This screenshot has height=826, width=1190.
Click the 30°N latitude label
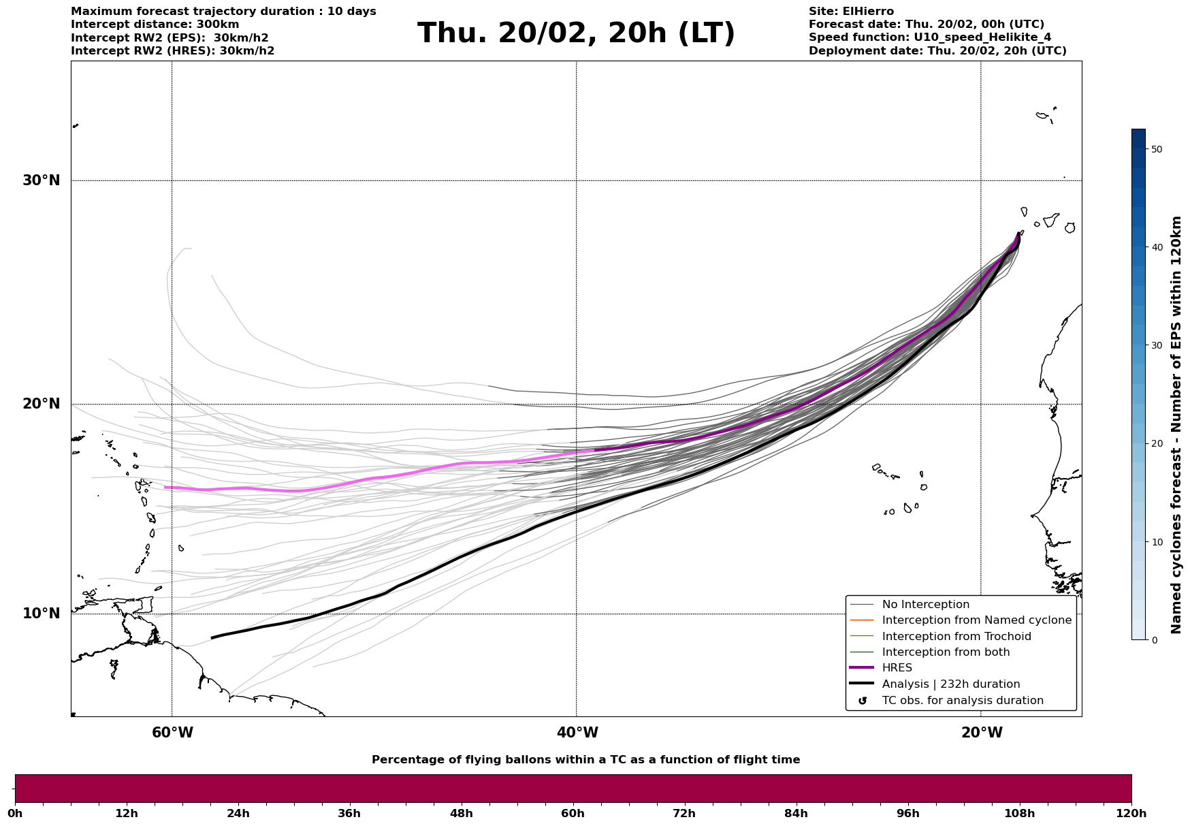[42, 180]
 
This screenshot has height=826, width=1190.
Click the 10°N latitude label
[42, 614]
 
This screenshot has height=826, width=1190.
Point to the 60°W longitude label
[172, 733]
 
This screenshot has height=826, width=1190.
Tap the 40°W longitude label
[577, 733]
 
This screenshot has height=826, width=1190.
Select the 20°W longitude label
[982, 733]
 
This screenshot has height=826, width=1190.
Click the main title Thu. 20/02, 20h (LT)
[576, 33]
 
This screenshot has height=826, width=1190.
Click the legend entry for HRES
[897, 668]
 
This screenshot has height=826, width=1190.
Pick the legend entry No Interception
[925, 605]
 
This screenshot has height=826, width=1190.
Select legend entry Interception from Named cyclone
[976, 620]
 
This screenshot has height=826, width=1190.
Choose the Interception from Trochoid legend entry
[956, 637]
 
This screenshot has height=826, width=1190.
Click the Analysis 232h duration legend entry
[950, 684]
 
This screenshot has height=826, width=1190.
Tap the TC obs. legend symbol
[863, 701]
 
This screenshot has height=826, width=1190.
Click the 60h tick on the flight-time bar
[573, 813]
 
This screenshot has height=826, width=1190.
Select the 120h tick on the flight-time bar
[1131, 813]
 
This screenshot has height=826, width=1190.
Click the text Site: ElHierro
[851, 12]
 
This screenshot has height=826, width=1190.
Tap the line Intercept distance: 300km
[155, 25]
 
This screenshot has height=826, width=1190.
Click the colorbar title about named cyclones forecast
[1176, 425]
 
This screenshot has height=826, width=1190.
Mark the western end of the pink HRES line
[165, 487]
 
